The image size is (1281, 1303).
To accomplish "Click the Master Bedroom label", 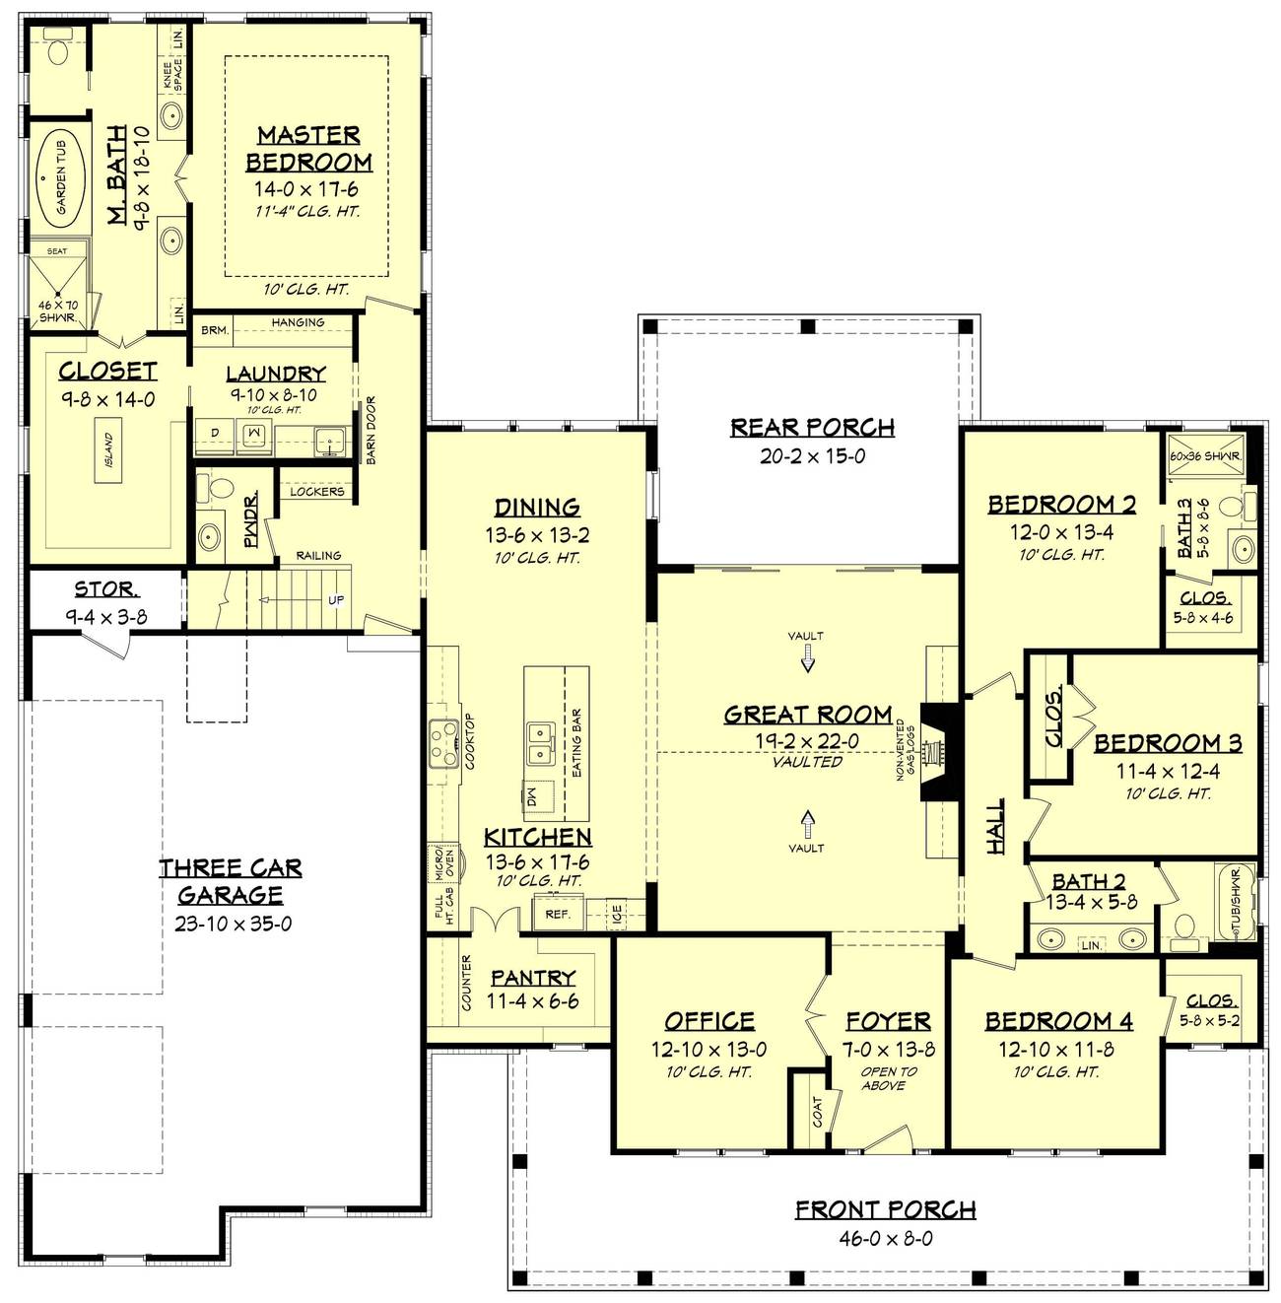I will (308, 148).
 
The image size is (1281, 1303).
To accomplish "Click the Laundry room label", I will (276, 374).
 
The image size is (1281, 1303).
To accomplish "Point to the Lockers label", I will (317, 491).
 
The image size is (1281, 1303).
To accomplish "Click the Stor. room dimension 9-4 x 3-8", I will (106, 613).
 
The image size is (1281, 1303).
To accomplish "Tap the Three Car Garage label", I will (231, 881).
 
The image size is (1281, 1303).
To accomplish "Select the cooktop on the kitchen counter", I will (441, 742).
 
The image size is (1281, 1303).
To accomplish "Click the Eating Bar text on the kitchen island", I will (576, 742).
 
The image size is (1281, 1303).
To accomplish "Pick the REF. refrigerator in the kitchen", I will (558, 914).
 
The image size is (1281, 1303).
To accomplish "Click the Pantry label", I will (533, 978).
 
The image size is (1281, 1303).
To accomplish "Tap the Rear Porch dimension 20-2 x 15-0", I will (812, 455).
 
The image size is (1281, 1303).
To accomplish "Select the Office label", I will (709, 1021).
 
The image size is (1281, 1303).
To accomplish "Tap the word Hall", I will (996, 826).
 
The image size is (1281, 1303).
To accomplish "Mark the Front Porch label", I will (885, 1209).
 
